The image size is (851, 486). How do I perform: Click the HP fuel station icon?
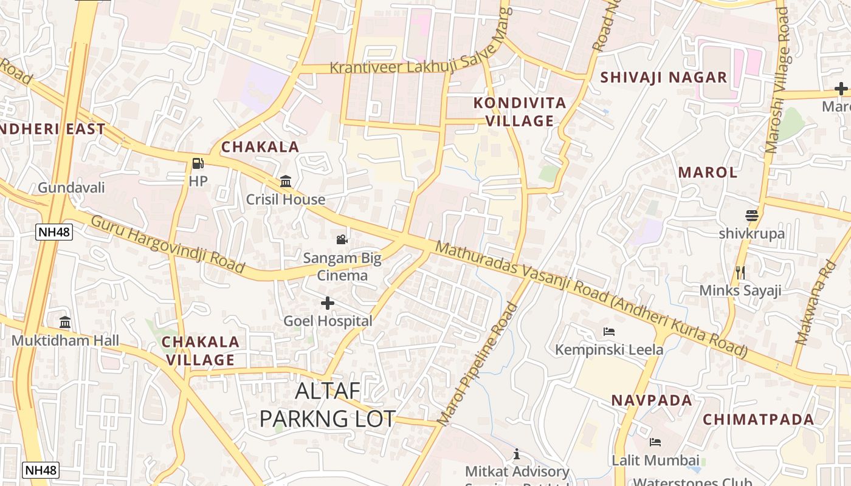point(198,163)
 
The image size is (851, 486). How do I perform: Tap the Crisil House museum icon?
point(286,181)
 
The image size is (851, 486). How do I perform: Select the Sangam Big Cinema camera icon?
point(342,239)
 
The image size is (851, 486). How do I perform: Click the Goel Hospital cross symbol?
point(328,303)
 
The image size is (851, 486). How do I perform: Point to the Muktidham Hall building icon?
point(65,322)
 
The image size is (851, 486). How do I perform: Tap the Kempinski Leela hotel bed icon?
point(609,331)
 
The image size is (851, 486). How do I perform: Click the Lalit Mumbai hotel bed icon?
point(655,442)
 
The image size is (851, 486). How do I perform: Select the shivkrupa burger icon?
point(752,215)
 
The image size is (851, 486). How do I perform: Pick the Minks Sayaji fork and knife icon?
point(740,272)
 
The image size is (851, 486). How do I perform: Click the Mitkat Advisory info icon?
point(517,454)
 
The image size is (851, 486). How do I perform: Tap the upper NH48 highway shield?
point(54,231)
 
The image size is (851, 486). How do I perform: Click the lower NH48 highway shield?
point(41,470)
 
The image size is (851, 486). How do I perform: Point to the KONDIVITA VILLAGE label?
point(520,112)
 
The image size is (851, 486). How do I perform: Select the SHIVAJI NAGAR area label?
point(664,77)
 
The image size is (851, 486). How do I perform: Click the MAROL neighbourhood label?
point(708,172)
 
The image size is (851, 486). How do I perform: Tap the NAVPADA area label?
point(652,400)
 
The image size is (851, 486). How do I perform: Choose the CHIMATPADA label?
point(759,419)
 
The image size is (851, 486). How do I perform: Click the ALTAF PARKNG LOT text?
point(328,405)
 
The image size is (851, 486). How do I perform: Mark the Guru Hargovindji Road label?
point(168,244)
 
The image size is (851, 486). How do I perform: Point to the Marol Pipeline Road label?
point(478,363)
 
